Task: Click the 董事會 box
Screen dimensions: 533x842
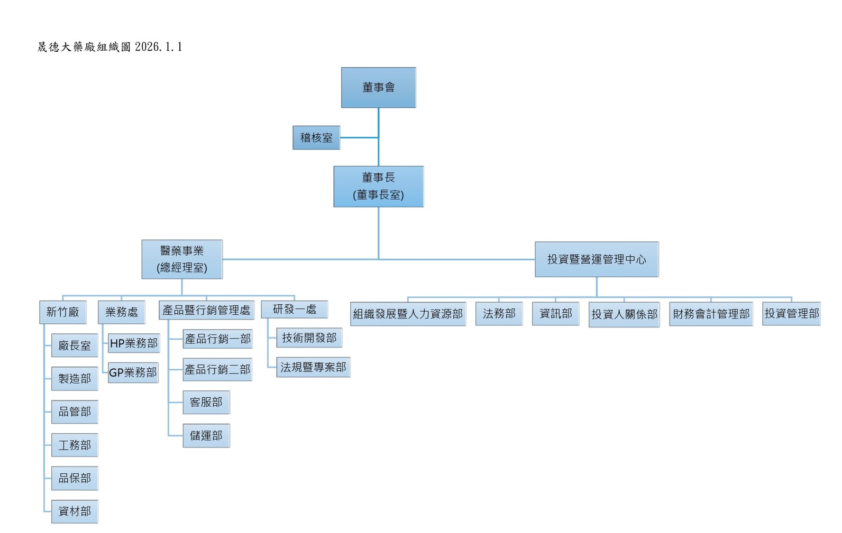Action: click(378, 88)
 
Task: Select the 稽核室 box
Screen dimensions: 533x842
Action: click(316, 138)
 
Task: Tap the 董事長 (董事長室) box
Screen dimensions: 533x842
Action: click(378, 186)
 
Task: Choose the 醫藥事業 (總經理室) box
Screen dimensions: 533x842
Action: click(182, 259)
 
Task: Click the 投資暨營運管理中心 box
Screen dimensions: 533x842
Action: click(597, 259)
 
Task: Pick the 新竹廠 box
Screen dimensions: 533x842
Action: click(62, 312)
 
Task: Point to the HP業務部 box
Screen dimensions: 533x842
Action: click(134, 343)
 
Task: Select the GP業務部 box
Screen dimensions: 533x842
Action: click(133, 372)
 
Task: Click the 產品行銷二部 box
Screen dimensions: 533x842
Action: click(217, 370)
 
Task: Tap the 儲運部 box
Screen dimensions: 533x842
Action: click(206, 436)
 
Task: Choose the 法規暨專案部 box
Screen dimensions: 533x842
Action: click(313, 367)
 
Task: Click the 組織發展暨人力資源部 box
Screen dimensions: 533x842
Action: click(408, 314)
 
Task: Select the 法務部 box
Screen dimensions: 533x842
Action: click(499, 314)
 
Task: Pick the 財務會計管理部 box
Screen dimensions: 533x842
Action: click(711, 314)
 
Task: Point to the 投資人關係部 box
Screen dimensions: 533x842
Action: click(624, 314)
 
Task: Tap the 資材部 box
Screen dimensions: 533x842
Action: click(75, 511)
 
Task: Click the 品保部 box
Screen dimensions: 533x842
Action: click(75, 478)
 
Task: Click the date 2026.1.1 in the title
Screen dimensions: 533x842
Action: click(159, 47)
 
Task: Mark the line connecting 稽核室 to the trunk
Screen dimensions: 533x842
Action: click(359, 138)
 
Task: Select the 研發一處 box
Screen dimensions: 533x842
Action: click(295, 310)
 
